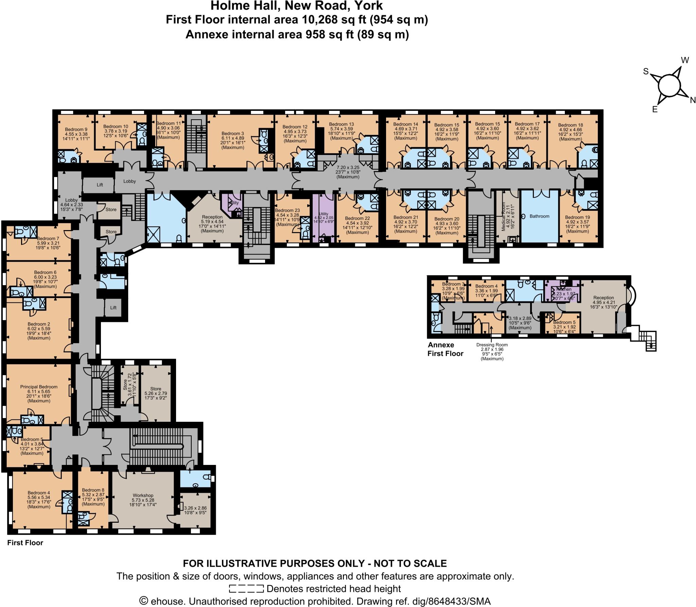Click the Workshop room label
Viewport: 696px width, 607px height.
click(143, 495)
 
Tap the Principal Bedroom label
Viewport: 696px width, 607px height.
click(39, 387)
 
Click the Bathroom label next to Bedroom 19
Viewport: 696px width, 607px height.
click(539, 216)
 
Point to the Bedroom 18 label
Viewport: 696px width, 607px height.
click(570, 125)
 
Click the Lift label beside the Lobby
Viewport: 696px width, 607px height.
click(100, 185)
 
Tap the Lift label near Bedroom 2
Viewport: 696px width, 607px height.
click(113, 308)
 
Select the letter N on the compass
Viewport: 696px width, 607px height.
click(693, 100)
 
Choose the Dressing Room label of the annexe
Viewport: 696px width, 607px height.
click(492, 345)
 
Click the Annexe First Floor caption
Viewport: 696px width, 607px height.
click(445, 349)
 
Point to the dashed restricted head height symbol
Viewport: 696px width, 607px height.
click(246, 589)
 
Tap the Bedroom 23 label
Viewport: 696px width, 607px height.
click(287, 210)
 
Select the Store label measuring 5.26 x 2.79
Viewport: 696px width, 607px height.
click(156, 388)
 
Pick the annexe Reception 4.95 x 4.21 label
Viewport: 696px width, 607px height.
click(603, 297)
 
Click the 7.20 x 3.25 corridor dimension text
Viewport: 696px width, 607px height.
click(348, 168)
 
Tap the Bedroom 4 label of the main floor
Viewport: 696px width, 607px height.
click(39, 492)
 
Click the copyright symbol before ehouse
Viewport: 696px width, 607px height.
click(144, 601)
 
